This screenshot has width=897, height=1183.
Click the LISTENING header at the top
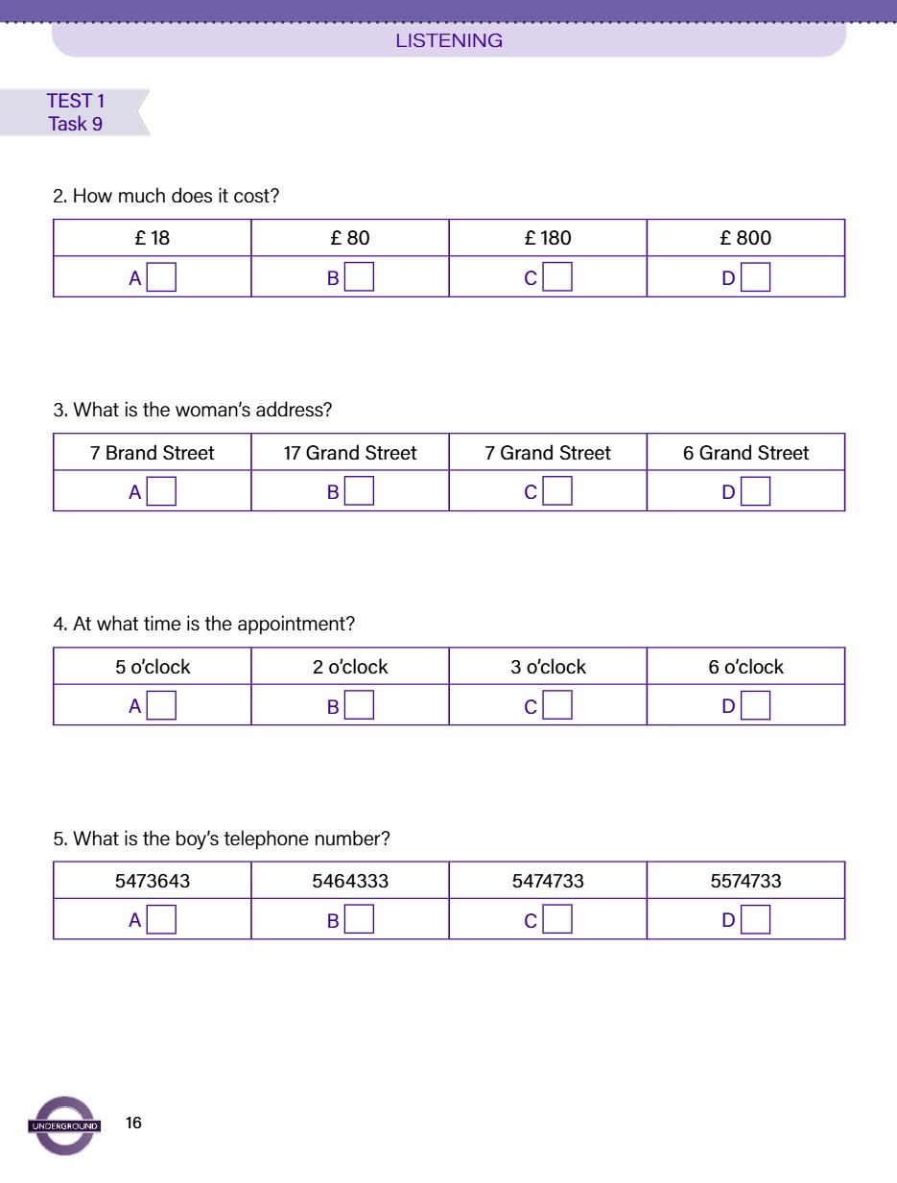tap(449, 40)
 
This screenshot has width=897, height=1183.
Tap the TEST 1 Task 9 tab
tap(75, 112)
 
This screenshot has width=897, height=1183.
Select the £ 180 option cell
tap(548, 238)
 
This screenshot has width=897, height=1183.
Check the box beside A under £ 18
tap(161, 278)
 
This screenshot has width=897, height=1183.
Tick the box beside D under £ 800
tap(755, 278)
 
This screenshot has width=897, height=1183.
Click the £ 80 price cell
tap(350, 238)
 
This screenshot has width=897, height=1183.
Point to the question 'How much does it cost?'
tap(166, 196)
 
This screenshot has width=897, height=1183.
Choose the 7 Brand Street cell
tap(153, 453)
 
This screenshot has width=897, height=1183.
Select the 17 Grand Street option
tap(350, 453)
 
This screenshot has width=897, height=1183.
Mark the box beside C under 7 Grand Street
tap(557, 492)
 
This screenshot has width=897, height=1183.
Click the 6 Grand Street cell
tap(745, 453)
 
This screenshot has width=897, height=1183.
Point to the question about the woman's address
tap(193, 410)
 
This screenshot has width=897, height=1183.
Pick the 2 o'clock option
tap(350, 667)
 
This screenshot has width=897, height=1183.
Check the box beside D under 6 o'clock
tap(755, 706)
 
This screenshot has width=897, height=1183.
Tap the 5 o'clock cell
tap(153, 667)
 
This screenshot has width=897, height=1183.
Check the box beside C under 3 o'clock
tap(557, 706)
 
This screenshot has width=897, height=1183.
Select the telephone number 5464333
tap(350, 881)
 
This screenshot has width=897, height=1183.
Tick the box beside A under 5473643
tap(161, 920)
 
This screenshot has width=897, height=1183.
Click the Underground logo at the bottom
tap(63, 1124)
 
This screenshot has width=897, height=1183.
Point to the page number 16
tap(133, 1123)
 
